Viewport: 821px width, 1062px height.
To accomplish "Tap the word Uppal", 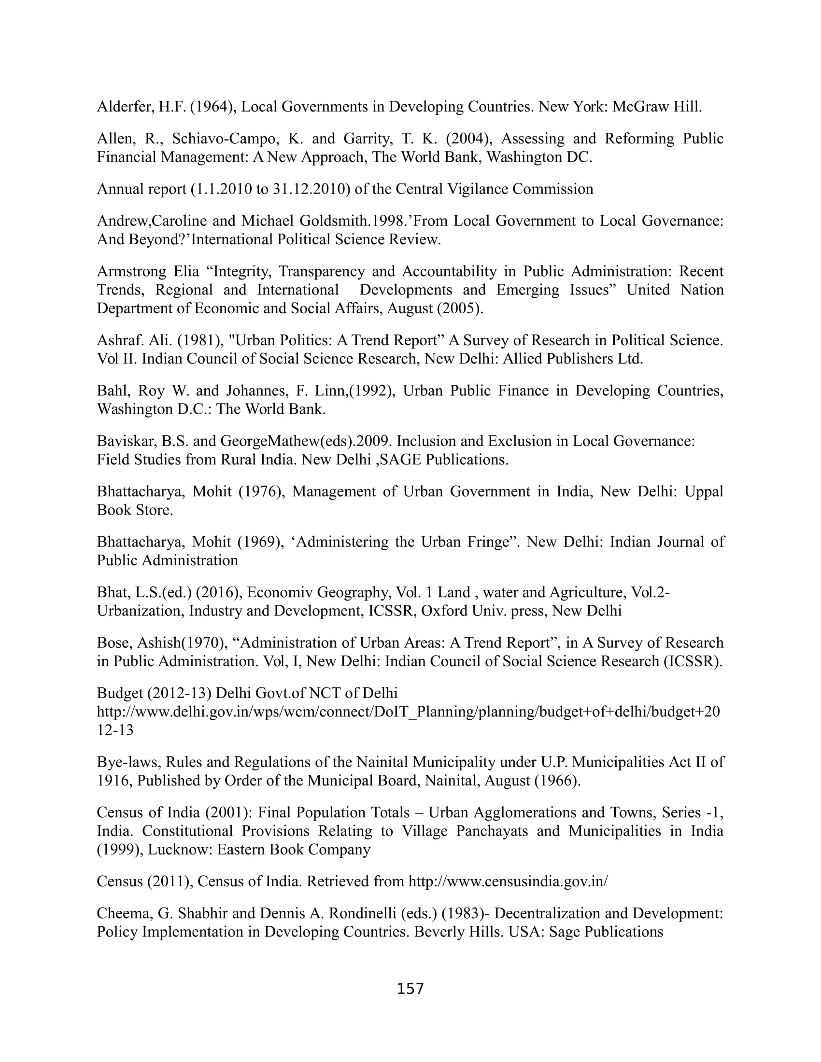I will [x=704, y=491].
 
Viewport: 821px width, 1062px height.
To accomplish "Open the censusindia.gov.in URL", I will [x=508, y=881].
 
